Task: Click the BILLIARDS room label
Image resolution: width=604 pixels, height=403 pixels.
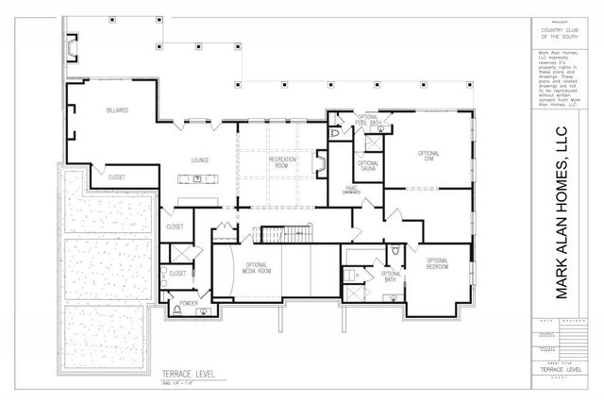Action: (x=118, y=110)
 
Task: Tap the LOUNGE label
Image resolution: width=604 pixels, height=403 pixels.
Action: (x=200, y=160)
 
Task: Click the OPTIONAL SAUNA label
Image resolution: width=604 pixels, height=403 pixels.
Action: (x=368, y=165)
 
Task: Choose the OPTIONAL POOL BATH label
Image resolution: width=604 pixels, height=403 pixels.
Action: (x=368, y=121)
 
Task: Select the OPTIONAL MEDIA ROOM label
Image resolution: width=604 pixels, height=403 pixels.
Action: (x=258, y=268)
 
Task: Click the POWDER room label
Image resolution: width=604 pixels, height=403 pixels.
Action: (x=189, y=303)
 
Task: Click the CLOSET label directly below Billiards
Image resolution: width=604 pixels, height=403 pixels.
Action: (x=117, y=176)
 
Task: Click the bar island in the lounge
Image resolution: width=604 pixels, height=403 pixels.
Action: (x=199, y=177)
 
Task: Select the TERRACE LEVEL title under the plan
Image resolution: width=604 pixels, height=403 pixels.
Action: (x=189, y=374)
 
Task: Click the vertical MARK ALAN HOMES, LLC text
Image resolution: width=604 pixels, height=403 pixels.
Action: (x=562, y=211)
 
